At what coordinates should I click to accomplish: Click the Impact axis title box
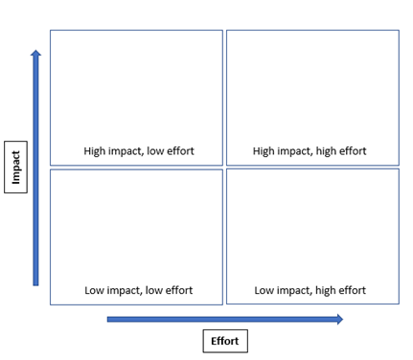tap(15, 167)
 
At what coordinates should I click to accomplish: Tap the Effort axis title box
tap(224, 340)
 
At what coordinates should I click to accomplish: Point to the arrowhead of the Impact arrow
tap(36, 55)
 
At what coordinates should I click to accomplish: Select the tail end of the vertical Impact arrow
tap(36, 282)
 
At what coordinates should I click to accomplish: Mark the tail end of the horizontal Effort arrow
tap(109, 319)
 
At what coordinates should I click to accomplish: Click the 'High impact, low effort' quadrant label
tap(138, 151)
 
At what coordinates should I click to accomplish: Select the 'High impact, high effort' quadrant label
tap(310, 151)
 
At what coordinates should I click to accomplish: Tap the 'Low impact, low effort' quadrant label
tap(138, 290)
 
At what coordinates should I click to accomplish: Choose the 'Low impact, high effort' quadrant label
tap(310, 290)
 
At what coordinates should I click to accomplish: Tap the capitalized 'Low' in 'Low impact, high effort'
tap(265, 290)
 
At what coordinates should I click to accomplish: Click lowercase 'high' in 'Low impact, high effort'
tap(321, 290)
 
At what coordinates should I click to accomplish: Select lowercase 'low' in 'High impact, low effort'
tap(155, 151)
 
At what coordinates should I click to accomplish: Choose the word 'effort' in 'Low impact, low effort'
tap(177, 290)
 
